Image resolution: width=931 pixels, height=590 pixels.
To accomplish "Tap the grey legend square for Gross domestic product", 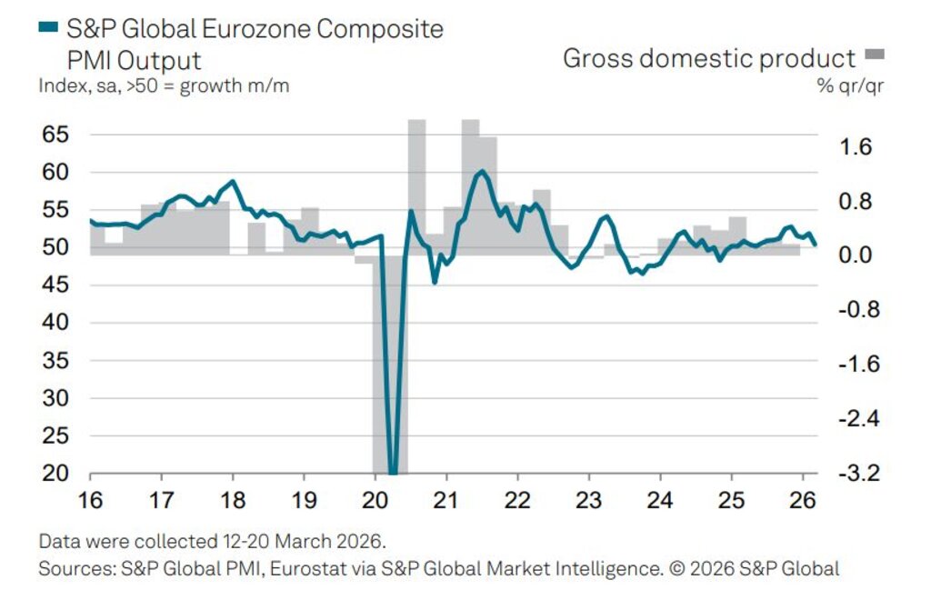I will point(876,56).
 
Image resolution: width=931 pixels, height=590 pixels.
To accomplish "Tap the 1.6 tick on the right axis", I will point(853,147).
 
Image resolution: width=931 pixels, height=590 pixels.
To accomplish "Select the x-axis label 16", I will point(90,500).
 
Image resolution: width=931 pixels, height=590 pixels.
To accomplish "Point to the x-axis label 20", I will point(375,500).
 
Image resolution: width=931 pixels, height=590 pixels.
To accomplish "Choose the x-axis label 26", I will point(804,500).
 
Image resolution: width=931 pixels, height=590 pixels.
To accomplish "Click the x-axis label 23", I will point(589,500).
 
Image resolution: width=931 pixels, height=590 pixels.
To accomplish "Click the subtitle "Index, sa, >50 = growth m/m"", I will point(164,86).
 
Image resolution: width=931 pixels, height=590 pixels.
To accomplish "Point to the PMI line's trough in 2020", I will point(392,472).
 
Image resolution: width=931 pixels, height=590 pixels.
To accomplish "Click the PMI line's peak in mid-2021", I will point(481,171).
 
